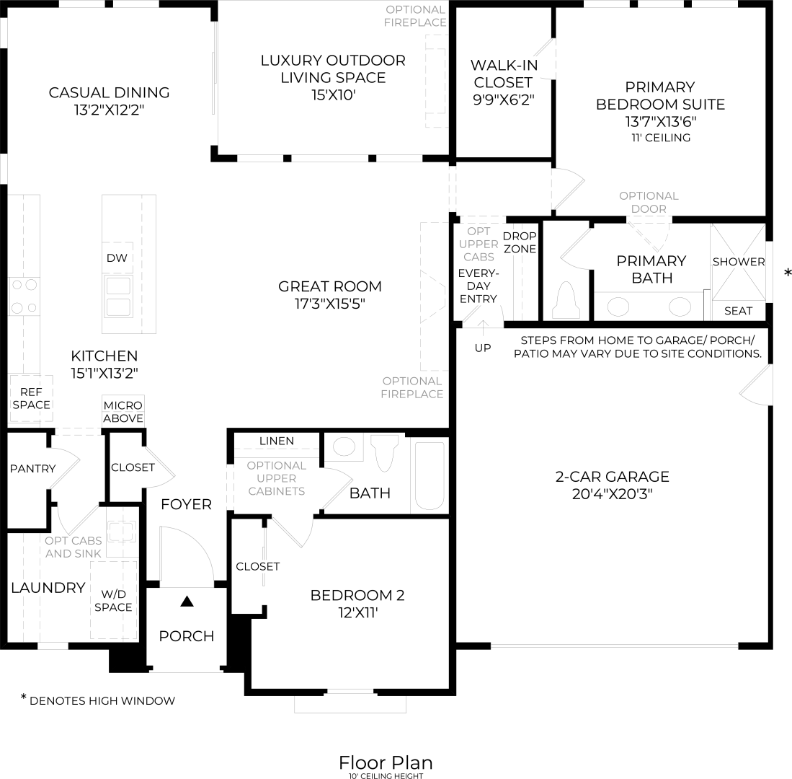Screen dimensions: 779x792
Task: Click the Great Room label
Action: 330,286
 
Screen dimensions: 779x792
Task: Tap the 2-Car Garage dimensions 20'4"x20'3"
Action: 612,494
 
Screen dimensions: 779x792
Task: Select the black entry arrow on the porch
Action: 187,600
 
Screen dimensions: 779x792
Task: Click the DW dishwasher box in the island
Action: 117,258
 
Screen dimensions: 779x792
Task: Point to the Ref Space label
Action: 31,398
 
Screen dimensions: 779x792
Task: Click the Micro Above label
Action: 123,412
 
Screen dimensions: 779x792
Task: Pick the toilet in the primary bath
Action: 566,302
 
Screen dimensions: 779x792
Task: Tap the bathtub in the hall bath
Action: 430,475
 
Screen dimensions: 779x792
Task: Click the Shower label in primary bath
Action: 739,262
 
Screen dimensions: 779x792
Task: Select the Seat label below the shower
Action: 738,311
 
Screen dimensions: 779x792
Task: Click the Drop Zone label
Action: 520,242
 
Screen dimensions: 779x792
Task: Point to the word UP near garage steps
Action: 483,348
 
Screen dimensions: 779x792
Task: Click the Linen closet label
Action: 276,441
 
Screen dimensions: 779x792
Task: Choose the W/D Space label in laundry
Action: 113,600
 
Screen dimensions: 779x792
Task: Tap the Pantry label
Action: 32,468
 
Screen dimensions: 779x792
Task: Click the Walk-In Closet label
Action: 503,82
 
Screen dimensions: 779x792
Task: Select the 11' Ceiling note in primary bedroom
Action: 660,138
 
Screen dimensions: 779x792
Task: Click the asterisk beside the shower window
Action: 788,273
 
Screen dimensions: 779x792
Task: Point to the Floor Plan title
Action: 386,762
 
